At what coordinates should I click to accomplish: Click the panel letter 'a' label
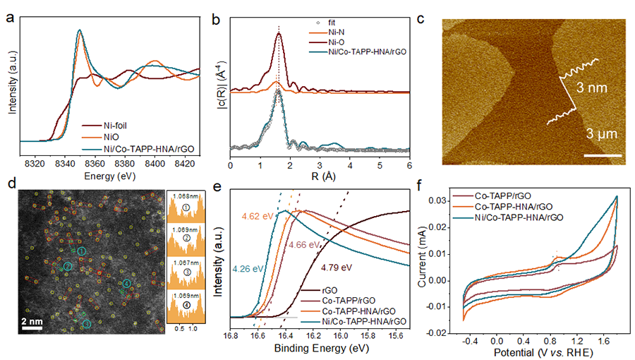tap(9, 11)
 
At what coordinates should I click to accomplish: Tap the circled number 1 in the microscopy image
tap(82, 251)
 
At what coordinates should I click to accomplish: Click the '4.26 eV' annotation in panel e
tap(246, 268)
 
